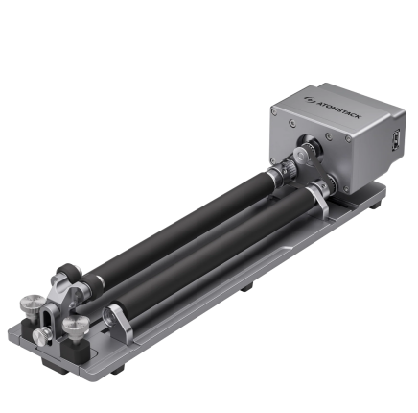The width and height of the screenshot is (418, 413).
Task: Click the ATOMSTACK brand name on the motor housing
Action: tap(338, 109)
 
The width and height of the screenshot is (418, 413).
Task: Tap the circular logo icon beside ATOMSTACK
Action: tap(310, 100)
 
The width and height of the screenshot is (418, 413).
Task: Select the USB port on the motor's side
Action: tap(397, 139)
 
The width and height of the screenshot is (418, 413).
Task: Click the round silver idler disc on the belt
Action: tap(300, 156)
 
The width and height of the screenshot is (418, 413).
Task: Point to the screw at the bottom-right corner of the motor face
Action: tap(346, 189)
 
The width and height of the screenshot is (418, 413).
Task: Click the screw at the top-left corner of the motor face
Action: tap(274, 112)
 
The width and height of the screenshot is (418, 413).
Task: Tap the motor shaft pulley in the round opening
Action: tap(311, 146)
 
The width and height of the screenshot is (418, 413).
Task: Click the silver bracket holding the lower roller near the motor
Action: tap(318, 199)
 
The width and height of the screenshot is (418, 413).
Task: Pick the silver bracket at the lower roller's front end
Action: tap(119, 324)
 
